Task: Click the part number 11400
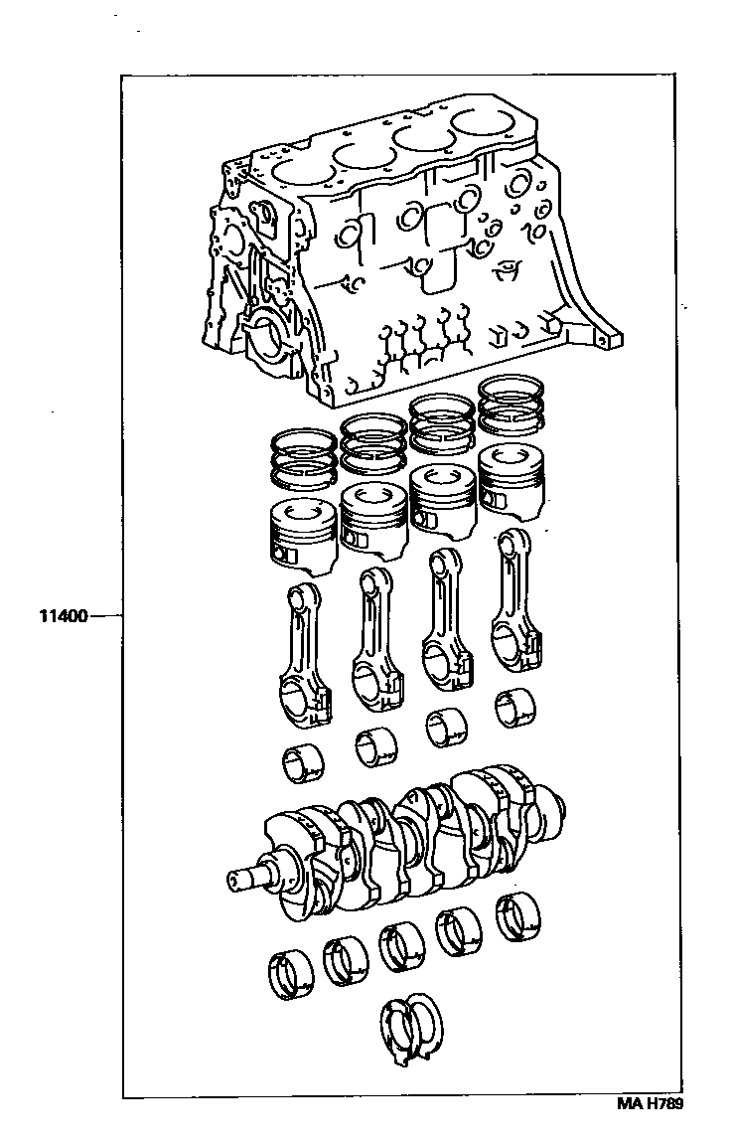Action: click(63, 617)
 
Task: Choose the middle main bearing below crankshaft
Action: click(402, 943)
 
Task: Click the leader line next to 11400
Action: click(105, 617)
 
